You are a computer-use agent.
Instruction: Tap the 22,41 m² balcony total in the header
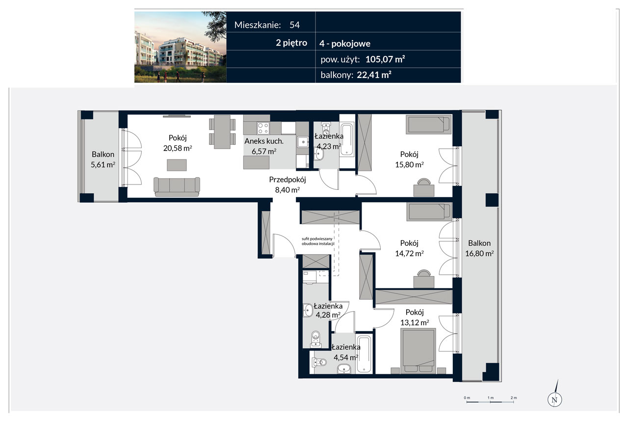point(374,75)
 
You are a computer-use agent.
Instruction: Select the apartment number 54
point(295,25)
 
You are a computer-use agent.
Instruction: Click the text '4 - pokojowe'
point(345,44)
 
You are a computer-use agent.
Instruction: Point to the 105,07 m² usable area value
point(385,59)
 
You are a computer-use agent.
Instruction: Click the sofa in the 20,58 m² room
point(177,187)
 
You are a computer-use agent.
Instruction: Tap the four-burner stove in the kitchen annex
point(263,128)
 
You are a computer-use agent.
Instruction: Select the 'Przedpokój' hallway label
point(288,180)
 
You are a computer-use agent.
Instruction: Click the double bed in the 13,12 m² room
point(419,351)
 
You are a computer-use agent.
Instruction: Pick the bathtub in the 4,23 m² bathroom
point(347,140)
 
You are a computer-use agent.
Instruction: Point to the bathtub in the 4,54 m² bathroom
point(364,354)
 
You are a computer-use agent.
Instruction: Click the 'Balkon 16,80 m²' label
point(479,248)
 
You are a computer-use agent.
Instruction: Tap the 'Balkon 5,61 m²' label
point(103,159)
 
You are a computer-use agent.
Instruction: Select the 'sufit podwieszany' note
point(317,238)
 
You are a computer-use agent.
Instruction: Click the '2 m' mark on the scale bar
point(514,398)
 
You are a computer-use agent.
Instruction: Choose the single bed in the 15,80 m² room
point(429,125)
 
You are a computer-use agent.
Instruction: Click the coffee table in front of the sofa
point(177,165)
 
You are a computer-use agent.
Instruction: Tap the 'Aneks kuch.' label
point(264,141)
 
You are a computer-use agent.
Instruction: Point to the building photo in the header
point(180,47)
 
